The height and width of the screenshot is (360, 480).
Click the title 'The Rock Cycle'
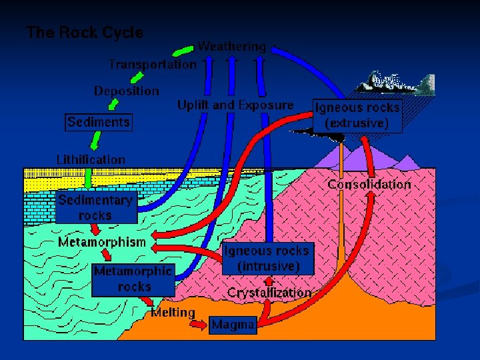point(85,32)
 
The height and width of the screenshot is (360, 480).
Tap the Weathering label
point(231,47)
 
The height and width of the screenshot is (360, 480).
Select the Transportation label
point(153,65)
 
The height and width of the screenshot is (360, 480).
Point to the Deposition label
point(127,91)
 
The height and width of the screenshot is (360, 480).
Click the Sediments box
point(99,122)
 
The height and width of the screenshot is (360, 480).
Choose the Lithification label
point(91,159)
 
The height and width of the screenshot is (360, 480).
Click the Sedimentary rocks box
point(95,207)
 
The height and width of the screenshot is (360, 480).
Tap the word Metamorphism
point(101,242)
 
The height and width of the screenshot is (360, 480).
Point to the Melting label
point(173,312)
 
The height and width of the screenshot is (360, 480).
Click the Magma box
point(233,325)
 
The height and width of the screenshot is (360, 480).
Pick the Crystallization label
point(269,293)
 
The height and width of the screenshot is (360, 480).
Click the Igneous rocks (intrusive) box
point(267,258)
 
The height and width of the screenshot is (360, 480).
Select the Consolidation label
point(369,184)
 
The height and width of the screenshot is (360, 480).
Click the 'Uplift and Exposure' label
point(235,105)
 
